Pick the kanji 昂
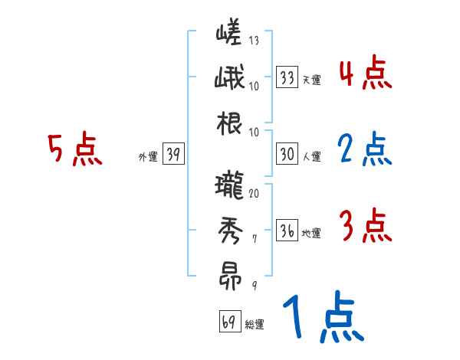click(228, 276)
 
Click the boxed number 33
click(287, 77)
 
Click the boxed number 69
click(229, 322)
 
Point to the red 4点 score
click(366, 74)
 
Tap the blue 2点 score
click(366, 149)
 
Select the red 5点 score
click(74, 149)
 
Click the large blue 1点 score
click(322, 318)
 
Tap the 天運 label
click(311, 80)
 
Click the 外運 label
click(147, 157)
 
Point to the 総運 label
click(254, 325)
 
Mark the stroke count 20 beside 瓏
click(254, 193)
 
